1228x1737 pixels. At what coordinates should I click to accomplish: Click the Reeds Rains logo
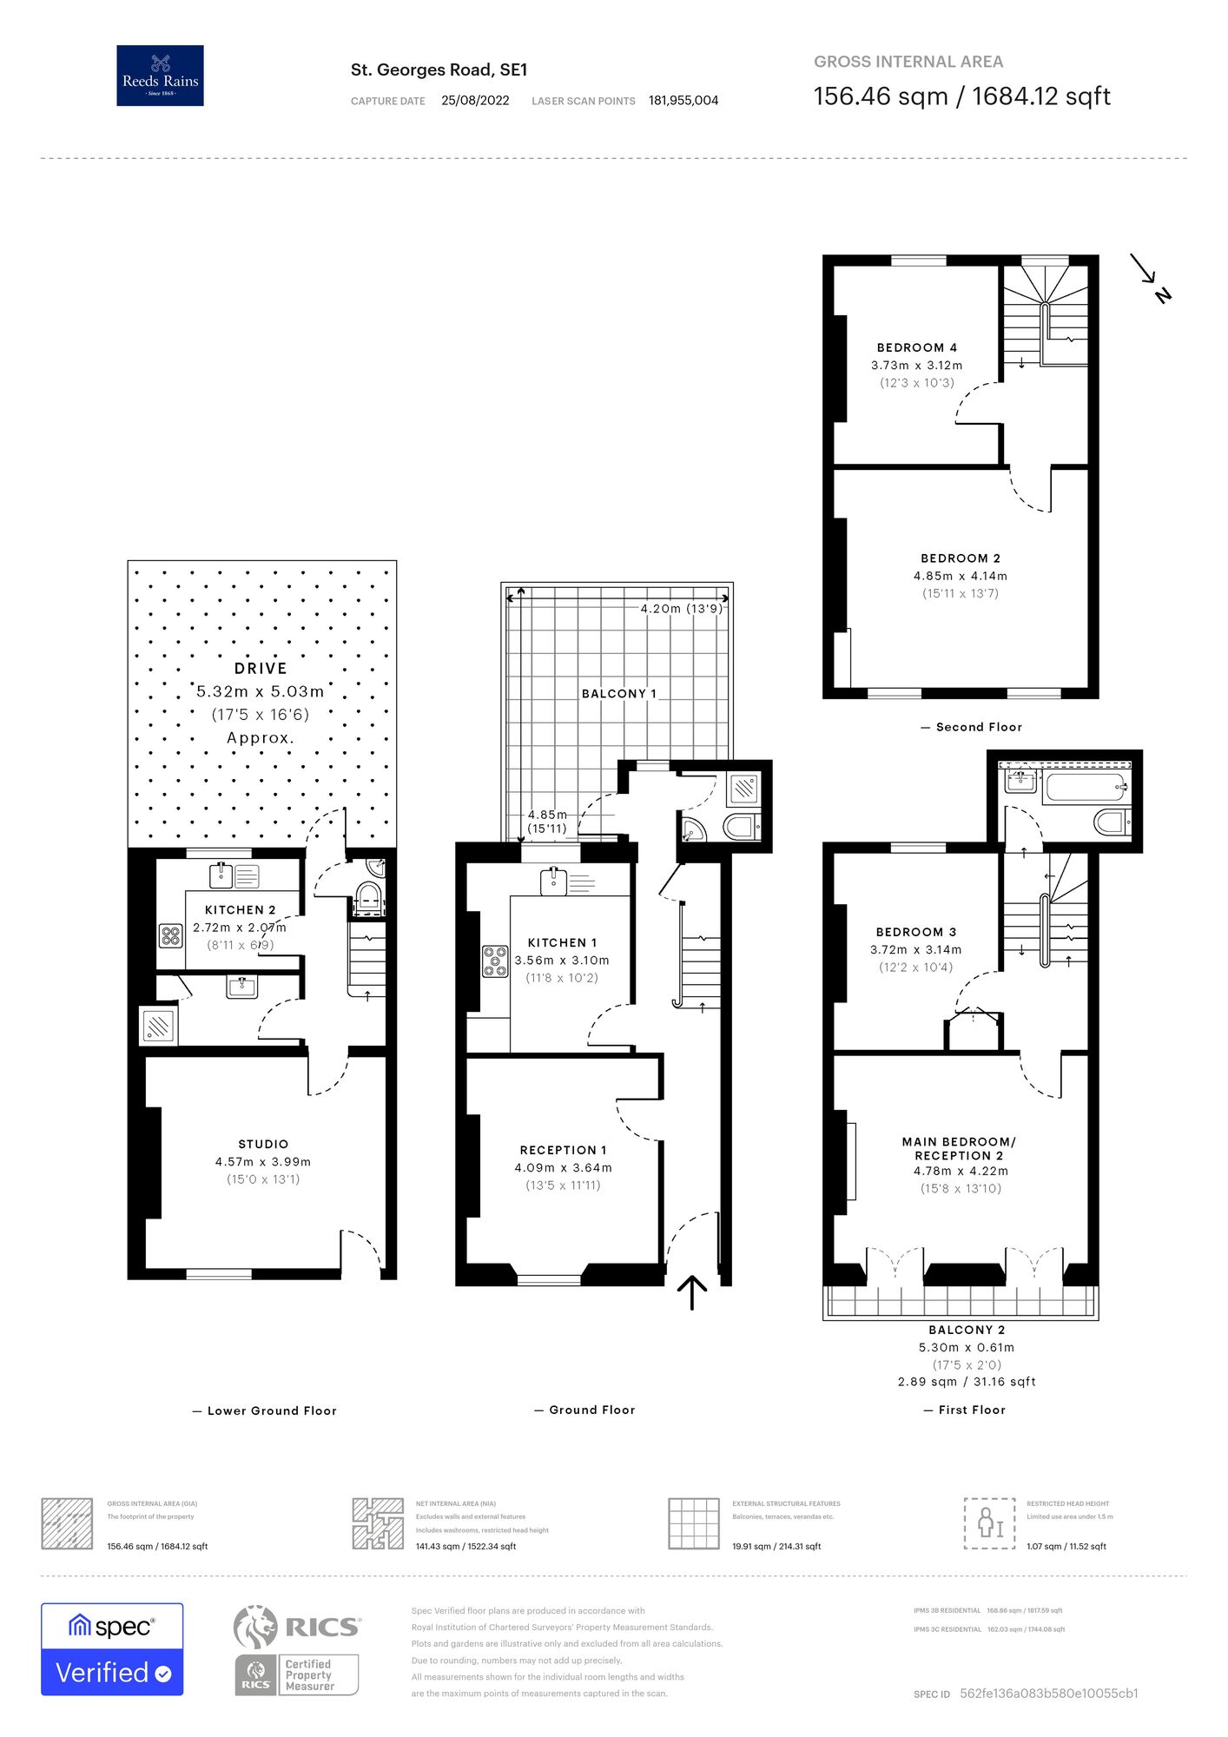tap(160, 76)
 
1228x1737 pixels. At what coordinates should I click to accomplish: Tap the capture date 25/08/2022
tap(475, 101)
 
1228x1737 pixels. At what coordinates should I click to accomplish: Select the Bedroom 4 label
tap(916, 347)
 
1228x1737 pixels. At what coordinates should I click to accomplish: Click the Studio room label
tap(263, 1144)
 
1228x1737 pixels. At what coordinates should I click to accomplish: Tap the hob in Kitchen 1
tap(495, 961)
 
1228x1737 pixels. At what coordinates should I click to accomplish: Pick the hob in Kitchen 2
tap(170, 935)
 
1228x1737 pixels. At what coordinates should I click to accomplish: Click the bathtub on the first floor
tap(1086, 788)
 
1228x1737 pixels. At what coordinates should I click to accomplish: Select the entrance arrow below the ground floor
tap(691, 1292)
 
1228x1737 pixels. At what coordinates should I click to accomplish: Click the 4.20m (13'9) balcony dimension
tap(681, 609)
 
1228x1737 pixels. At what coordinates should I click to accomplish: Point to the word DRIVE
tap(261, 668)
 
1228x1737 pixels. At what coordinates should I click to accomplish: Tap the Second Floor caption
tap(979, 727)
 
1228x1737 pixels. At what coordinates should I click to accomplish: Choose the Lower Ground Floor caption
tap(271, 1410)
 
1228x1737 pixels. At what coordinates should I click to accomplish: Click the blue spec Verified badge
tap(112, 1648)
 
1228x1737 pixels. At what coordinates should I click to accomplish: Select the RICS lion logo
tap(255, 1627)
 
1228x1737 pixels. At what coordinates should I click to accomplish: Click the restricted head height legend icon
tap(989, 1523)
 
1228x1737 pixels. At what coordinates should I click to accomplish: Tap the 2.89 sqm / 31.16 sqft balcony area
tap(967, 1381)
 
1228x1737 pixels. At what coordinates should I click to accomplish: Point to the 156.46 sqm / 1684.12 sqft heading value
tap(961, 96)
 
